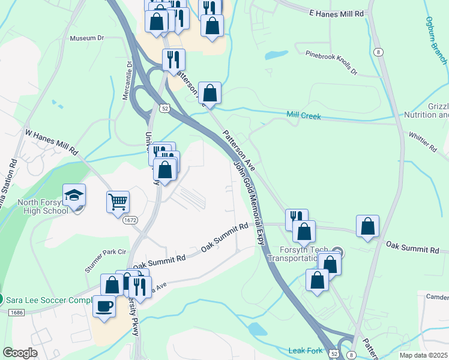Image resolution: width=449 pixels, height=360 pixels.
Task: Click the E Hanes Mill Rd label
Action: pyautogui.click(x=336, y=13)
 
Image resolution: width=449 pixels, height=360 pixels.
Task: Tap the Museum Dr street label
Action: pyautogui.click(x=87, y=38)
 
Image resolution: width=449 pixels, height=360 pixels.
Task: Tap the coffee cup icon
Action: pyautogui.click(x=104, y=306)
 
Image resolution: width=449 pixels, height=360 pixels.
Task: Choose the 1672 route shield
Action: pyautogui.click(x=131, y=221)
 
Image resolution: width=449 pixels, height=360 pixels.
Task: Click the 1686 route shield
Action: pyautogui.click(x=16, y=312)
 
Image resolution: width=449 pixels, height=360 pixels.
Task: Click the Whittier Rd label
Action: pyautogui.click(x=423, y=142)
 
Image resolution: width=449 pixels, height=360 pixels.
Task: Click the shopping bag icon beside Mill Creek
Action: pyautogui.click(x=209, y=93)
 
